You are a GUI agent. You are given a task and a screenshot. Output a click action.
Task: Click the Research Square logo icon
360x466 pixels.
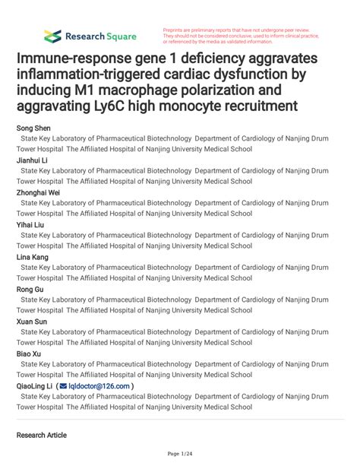tap(52, 36)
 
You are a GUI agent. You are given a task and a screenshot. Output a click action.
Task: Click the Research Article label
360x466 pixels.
tap(41, 436)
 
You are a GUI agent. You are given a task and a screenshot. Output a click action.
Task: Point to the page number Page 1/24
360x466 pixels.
tap(180, 454)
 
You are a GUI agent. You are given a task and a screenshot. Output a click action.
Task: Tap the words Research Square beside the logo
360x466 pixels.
tap(100, 36)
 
